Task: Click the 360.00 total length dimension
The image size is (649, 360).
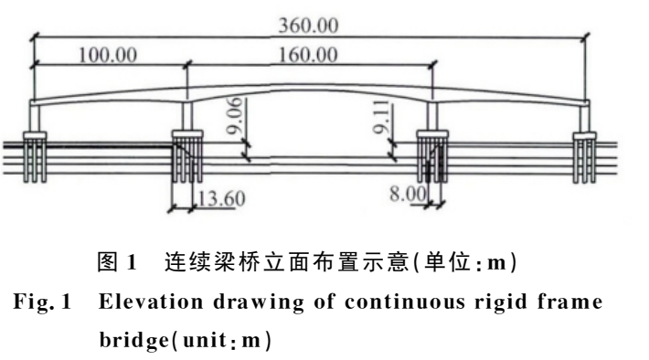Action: tap(308, 26)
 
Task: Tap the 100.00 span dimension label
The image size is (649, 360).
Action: tap(108, 55)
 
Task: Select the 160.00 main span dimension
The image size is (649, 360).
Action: tap(308, 55)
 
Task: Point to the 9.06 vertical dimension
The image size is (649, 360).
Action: tap(235, 116)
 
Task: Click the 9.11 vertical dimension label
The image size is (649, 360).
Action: tap(381, 117)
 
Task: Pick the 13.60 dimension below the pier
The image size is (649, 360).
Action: tap(222, 198)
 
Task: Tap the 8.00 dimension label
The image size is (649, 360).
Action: tap(408, 193)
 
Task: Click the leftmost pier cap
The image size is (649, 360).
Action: tap(35, 135)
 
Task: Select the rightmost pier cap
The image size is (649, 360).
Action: tap(584, 135)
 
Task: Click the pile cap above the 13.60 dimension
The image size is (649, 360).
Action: tap(187, 134)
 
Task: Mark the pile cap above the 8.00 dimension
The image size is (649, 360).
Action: tap(432, 134)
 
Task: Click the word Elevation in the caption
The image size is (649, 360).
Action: tap(151, 302)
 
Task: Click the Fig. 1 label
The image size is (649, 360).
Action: tap(43, 302)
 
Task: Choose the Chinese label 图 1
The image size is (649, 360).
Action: tap(117, 262)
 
